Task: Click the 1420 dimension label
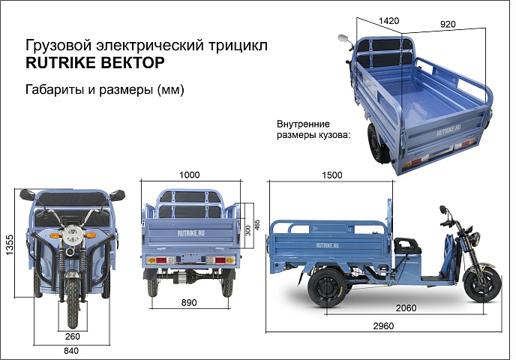pyautogui.click(x=389, y=21)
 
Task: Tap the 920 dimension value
pyautogui.click(x=448, y=24)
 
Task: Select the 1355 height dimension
pyautogui.click(x=10, y=244)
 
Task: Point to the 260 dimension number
pyautogui.click(x=73, y=336)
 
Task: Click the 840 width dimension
pyautogui.click(x=71, y=351)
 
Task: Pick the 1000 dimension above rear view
pyautogui.click(x=190, y=175)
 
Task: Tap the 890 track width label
pyautogui.click(x=189, y=302)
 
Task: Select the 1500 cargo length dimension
pyautogui.click(x=332, y=175)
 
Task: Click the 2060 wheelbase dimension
pyautogui.click(x=406, y=308)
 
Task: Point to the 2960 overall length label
pyautogui.click(x=383, y=325)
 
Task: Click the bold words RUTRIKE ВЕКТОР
pyautogui.click(x=95, y=62)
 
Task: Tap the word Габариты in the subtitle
pyautogui.click(x=55, y=89)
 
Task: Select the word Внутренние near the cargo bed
pyautogui.click(x=303, y=124)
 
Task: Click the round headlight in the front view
pyautogui.click(x=73, y=234)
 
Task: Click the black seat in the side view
pyautogui.click(x=407, y=247)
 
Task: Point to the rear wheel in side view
pyautogui.click(x=327, y=287)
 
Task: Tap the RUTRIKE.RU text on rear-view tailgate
pyautogui.click(x=190, y=233)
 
